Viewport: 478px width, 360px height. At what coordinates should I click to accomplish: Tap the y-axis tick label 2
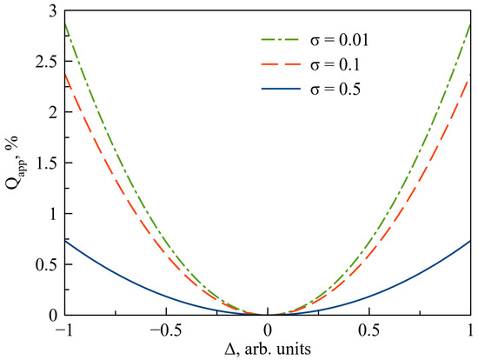[54, 112]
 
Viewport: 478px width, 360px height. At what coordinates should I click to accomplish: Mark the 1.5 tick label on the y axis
[48, 163]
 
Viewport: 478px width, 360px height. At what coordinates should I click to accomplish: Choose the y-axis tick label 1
[54, 213]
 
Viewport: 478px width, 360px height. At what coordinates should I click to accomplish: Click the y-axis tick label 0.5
[48, 263]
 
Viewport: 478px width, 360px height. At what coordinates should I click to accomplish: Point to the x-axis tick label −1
[62, 330]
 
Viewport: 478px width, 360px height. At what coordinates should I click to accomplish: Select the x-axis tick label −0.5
[163, 330]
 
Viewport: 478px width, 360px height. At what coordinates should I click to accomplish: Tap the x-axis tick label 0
[268, 330]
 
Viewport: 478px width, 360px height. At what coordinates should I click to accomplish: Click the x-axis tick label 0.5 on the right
[368, 330]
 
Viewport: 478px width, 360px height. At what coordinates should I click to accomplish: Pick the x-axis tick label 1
[470, 330]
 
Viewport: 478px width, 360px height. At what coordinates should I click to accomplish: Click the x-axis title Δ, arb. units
[268, 349]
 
